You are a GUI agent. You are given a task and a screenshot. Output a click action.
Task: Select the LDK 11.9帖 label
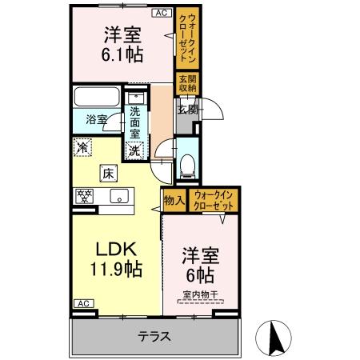118,258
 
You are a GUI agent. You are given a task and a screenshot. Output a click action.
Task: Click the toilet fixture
186,165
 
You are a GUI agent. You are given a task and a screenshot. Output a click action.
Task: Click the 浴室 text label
98,120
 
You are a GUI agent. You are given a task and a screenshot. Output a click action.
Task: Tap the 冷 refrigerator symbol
82,147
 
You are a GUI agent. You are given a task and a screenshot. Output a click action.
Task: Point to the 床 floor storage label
106,170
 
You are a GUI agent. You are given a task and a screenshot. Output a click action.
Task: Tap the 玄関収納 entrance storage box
187,83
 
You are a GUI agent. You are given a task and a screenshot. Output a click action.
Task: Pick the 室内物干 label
199,295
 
